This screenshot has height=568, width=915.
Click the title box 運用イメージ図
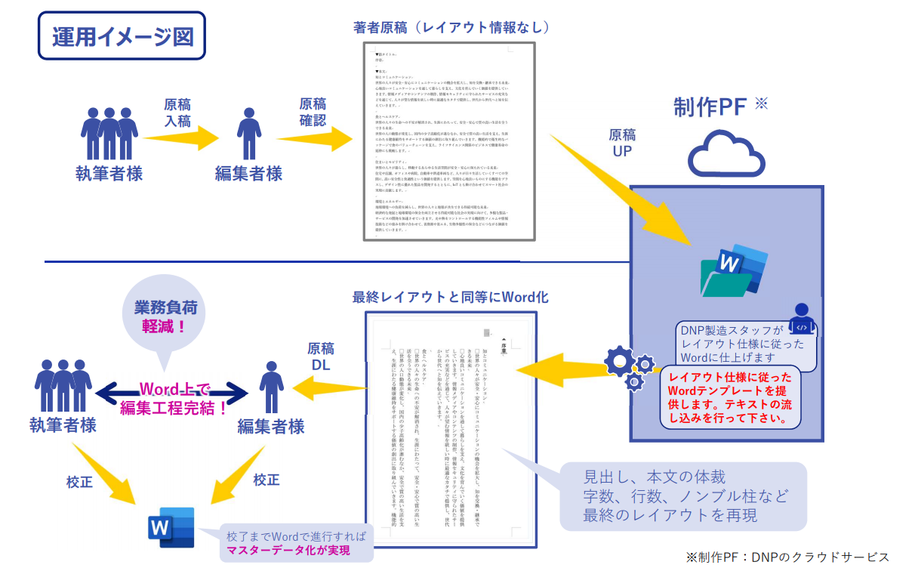pyautogui.click(x=122, y=35)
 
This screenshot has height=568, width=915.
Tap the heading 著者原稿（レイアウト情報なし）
pyautogui.click(x=451, y=27)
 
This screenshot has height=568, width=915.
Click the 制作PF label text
pyautogui.click(x=710, y=107)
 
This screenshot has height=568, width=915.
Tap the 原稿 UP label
pyautogui.click(x=622, y=144)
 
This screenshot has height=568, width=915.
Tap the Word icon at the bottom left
pyautogui.click(x=171, y=526)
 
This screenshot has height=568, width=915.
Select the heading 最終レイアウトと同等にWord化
pyautogui.click(x=450, y=297)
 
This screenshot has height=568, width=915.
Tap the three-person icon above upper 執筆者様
pyautogui.click(x=109, y=133)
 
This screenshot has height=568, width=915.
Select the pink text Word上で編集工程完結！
pyautogui.click(x=174, y=400)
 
